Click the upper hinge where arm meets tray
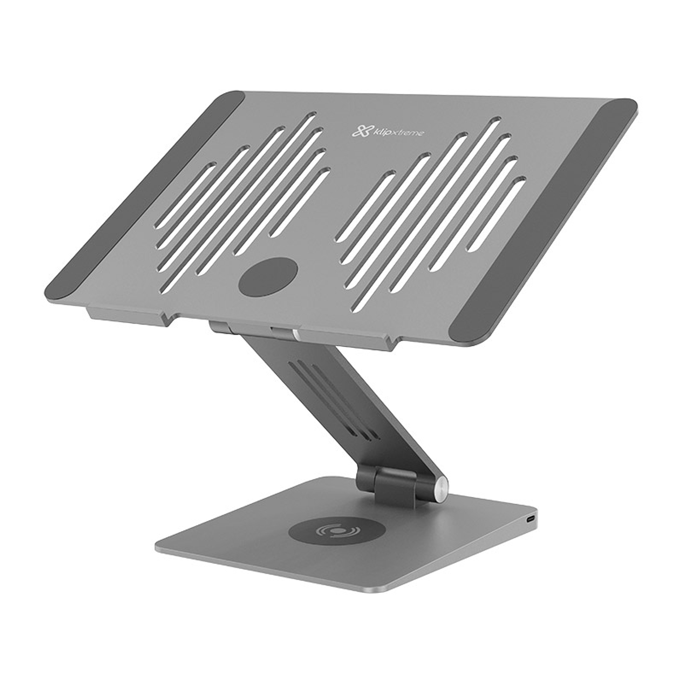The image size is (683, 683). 255,330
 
